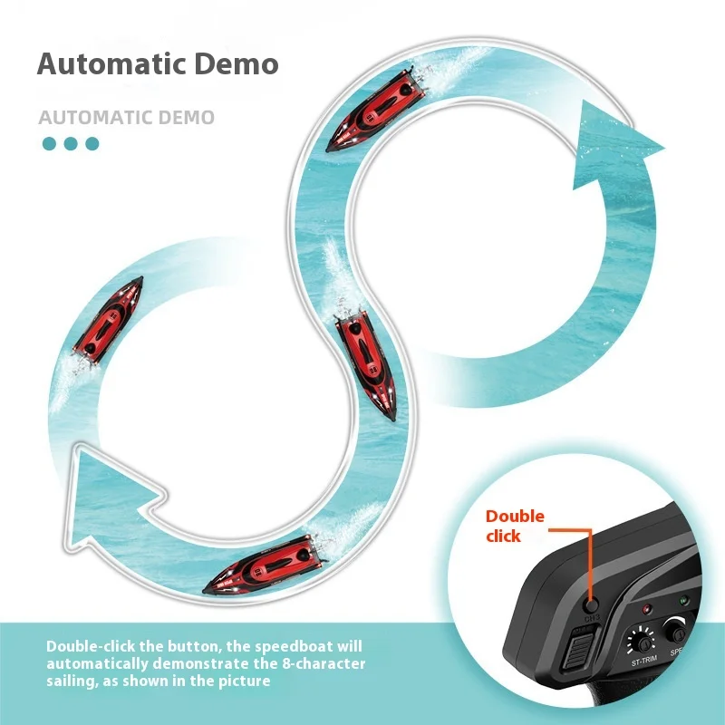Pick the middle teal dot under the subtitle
(x=71, y=143)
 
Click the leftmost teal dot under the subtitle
(x=50, y=143)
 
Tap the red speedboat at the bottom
(x=263, y=570)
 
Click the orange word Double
(x=515, y=517)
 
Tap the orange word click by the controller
(x=503, y=536)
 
